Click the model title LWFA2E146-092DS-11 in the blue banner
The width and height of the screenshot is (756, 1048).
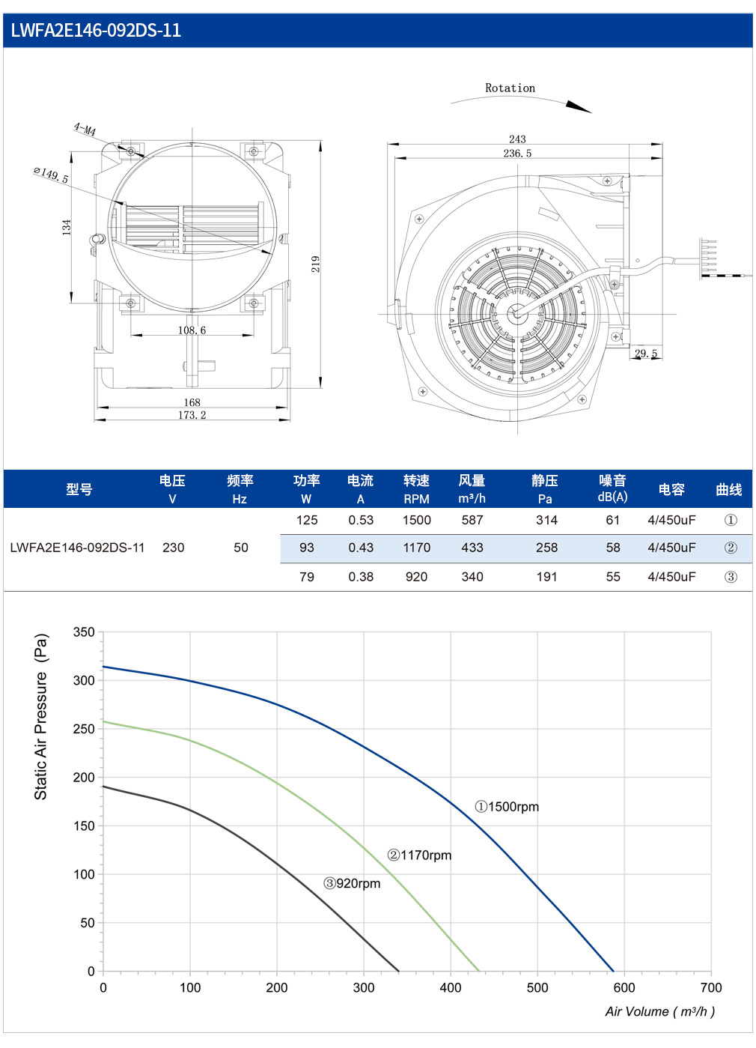(x=95, y=31)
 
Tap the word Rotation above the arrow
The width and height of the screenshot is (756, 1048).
(x=510, y=88)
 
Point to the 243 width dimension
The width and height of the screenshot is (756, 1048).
(x=517, y=139)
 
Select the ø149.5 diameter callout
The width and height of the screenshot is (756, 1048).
(x=51, y=175)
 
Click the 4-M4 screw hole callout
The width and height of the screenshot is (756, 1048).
(x=85, y=129)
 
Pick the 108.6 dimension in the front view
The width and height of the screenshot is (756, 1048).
(x=192, y=330)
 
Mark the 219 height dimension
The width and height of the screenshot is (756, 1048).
(x=316, y=264)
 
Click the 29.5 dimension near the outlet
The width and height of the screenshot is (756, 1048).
(x=646, y=354)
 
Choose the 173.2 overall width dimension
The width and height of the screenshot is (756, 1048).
(x=192, y=415)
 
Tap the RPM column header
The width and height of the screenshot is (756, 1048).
(x=416, y=499)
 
